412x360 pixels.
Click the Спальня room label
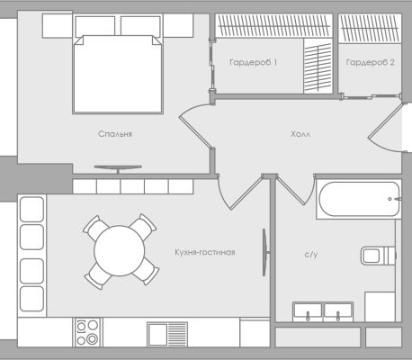pyautogui.click(x=115, y=134)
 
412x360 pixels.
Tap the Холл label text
pyautogui.click(x=300, y=134)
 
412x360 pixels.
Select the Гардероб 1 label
pyautogui.click(x=254, y=62)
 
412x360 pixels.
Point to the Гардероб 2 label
pyautogui.click(x=371, y=62)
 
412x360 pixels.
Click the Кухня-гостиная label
pyautogui.click(x=205, y=252)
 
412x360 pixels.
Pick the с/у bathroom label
pyautogui.click(x=311, y=255)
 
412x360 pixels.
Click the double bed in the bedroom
pyautogui.click(x=118, y=74)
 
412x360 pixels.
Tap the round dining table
pyautogui.click(x=120, y=251)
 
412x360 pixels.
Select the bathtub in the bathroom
pyautogui.click(x=359, y=199)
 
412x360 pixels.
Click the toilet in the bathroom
pyautogui.click(x=379, y=256)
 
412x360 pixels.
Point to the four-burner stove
pyautogui.click(x=87, y=332)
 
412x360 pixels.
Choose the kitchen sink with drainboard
pyautogui.click(x=167, y=335)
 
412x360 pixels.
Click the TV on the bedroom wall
pyautogui.click(x=118, y=168)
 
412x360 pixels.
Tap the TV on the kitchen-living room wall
pyautogui.click(x=264, y=252)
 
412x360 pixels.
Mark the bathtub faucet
pyautogui.click(x=395, y=199)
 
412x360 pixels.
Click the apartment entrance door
pyautogui.click(x=385, y=128)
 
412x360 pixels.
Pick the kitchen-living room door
pyautogui.click(x=240, y=192)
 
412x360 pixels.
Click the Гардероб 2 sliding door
pyautogui.click(x=371, y=96)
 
